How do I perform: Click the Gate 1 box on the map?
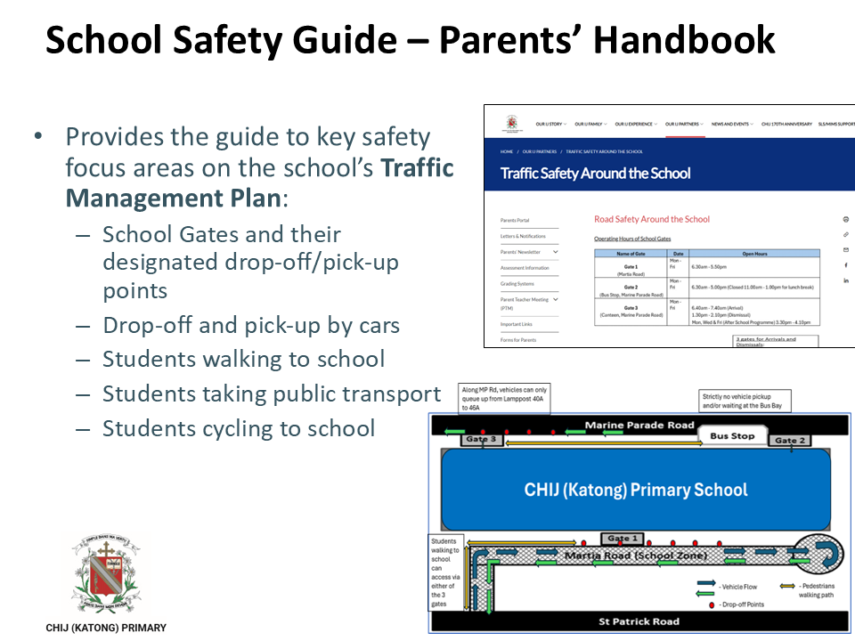click(x=622, y=539)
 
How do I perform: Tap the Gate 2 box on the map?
click(x=790, y=440)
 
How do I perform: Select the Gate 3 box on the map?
click(x=482, y=439)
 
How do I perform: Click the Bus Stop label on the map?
click(x=731, y=436)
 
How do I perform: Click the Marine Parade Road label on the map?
click(x=639, y=426)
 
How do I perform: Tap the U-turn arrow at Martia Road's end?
click(x=816, y=554)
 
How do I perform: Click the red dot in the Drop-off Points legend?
click(x=711, y=605)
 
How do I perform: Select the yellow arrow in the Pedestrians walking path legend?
click(x=787, y=586)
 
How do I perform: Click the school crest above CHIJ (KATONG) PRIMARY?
click(x=105, y=574)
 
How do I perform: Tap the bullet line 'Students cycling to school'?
click(x=239, y=428)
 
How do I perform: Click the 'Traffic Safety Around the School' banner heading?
click(x=596, y=174)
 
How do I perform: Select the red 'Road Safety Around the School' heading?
click(x=652, y=219)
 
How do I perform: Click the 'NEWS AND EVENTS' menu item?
click(x=732, y=125)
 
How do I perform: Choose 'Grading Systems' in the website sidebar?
click(x=517, y=284)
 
